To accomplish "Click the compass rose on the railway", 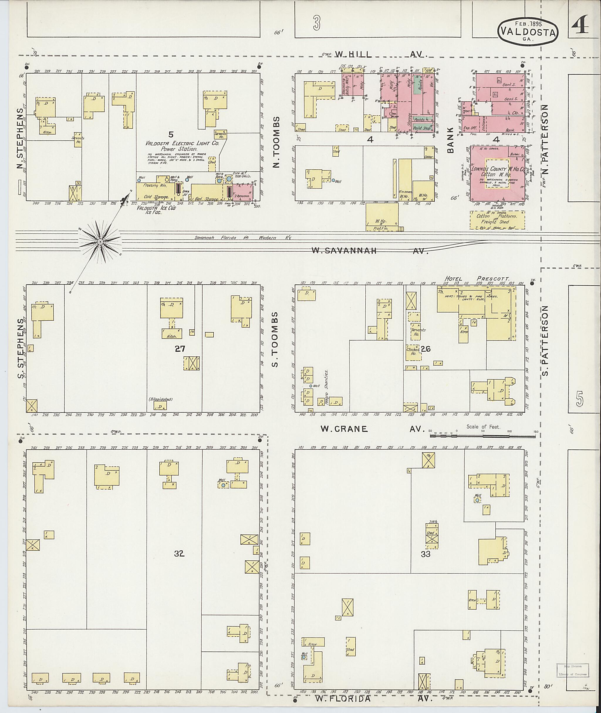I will (x=100, y=242).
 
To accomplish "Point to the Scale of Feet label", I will (x=483, y=427).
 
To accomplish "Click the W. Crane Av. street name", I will (x=373, y=429).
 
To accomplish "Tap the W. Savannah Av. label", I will (x=369, y=251).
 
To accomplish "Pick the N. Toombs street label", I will (x=276, y=142).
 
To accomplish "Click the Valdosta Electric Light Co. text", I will (x=182, y=144).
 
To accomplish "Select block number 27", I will (x=180, y=348).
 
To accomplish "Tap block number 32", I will (x=179, y=554).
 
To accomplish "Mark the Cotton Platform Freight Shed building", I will (x=497, y=220).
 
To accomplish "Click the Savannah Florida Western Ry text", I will (x=243, y=237).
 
